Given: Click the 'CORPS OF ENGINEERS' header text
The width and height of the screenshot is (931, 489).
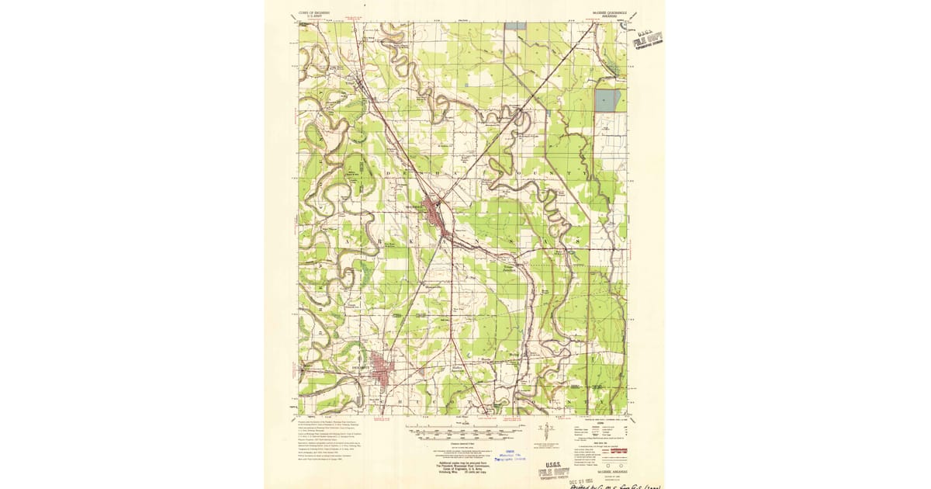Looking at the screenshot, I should tap(313, 13).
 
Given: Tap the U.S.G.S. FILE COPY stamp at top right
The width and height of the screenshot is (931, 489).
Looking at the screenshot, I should tap(649, 38).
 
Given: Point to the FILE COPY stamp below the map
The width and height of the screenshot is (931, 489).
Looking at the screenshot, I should tap(554, 473).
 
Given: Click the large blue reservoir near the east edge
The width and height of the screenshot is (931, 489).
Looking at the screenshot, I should tap(607, 100).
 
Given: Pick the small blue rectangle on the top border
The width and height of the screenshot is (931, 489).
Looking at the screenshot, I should tap(514, 26).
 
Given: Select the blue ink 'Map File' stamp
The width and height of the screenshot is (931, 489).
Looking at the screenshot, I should tap(512, 456).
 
